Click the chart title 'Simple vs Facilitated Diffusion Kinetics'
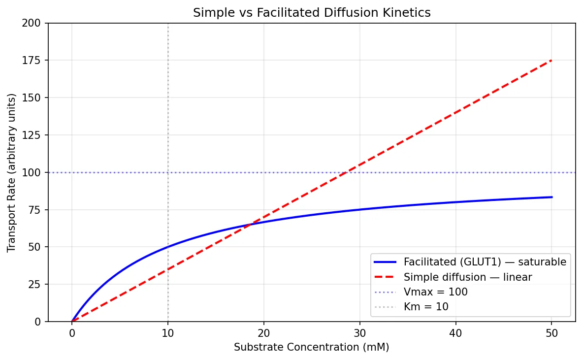(x=312, y=13)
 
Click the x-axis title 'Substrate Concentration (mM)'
(x=312, y=347)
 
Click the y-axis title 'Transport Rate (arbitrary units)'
(x=11, y=172)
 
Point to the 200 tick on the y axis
(x=35, y=23)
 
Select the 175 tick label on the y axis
(x=35, y=61)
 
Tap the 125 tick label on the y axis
(x=35, y=135)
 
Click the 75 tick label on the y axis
(x=37, y=210)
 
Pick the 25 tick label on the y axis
(x=37, y=284)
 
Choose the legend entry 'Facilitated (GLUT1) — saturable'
(x=485, y=262)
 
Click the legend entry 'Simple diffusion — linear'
(x=468, y=277)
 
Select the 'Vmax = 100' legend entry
(x=435, y=292)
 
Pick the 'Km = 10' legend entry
(x=426, y=307)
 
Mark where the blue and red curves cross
(x=250, y=224)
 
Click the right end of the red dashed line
(x=551, y=60)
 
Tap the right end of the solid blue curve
(x=551, y=197)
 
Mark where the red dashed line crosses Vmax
(x=346, y=172)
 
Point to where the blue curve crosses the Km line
(x=168, y=247)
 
